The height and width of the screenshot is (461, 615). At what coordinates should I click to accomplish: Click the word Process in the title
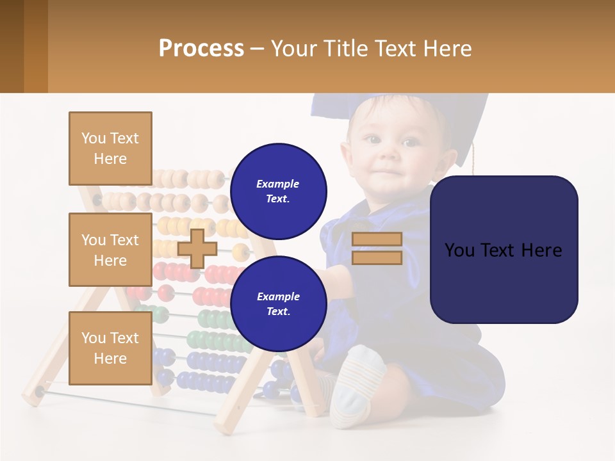201,49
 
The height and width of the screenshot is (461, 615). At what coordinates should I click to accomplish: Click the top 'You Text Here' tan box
110,149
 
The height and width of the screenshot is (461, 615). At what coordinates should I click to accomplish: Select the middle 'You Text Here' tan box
110,250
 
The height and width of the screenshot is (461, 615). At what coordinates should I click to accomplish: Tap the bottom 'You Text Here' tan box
110,348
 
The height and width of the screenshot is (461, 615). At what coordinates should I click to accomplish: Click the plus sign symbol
197,248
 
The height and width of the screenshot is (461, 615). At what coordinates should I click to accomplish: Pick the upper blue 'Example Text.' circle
278,191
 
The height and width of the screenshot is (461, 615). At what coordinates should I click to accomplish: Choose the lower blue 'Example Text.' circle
278,303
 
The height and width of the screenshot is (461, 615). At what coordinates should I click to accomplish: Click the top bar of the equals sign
377,239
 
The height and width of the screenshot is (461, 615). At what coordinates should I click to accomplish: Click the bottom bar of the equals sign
377,257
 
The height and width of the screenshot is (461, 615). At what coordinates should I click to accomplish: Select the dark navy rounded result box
504,250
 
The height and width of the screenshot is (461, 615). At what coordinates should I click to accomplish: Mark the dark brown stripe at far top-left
12,46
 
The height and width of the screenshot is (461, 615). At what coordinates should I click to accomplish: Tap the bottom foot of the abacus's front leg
226,425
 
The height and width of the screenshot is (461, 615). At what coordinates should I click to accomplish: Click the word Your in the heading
293,49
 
